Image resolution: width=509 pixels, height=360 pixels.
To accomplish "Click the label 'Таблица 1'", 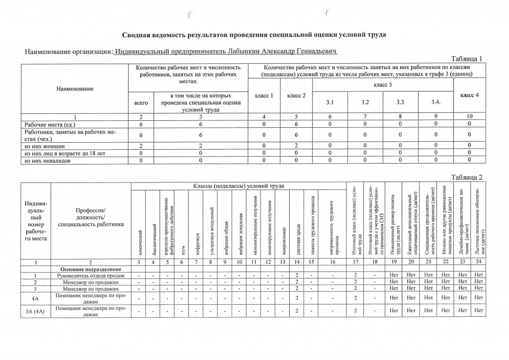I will (x=466, y=59).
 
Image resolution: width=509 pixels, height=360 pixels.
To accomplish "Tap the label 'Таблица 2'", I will (x=466, y=178).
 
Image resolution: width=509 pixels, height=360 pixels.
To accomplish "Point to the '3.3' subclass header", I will (x=400, y=102).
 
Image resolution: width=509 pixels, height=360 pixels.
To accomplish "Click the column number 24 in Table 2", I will (x=479, y=262).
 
